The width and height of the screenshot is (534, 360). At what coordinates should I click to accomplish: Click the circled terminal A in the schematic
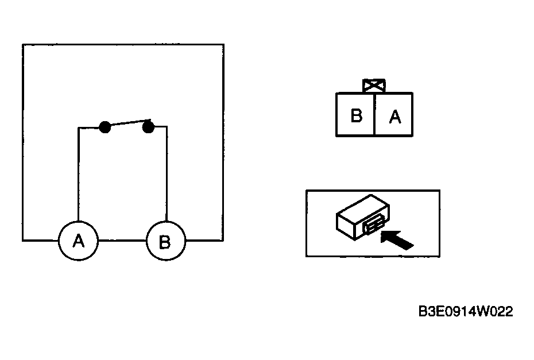point(78,241)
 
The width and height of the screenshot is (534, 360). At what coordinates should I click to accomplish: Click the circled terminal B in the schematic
point(166,241)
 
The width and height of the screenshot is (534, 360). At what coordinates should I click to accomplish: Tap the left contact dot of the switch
point(105,127)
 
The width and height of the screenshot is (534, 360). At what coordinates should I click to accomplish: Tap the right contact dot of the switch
point(148,127)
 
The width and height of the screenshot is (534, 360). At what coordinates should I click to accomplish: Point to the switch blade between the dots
point(127,123)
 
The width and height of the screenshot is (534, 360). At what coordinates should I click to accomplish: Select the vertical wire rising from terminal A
point(78,174)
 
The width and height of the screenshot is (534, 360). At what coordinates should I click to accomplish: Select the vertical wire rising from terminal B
point(167,174)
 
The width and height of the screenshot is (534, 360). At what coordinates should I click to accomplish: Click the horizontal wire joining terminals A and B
point(122,241)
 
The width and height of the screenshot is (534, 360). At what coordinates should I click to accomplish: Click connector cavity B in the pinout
point(355,115)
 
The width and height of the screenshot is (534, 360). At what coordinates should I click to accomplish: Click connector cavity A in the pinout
point(394,115)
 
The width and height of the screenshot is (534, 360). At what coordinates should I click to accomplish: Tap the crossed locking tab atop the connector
point(374,86)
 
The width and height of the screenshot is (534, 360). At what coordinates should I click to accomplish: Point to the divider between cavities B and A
point(374,114)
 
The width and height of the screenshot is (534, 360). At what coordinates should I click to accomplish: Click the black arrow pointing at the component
point(397,239)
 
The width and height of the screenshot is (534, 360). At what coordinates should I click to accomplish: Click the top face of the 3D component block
point(363,207)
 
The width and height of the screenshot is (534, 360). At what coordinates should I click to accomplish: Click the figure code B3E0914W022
point(466,311)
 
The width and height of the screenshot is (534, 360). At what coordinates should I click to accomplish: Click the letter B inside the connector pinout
point(356,115)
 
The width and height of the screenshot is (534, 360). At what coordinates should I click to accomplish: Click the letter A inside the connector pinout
point(395,117)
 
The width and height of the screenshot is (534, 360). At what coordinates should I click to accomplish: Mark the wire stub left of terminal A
point(41,241)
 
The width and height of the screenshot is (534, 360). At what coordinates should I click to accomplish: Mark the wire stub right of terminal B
point(204,241)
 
